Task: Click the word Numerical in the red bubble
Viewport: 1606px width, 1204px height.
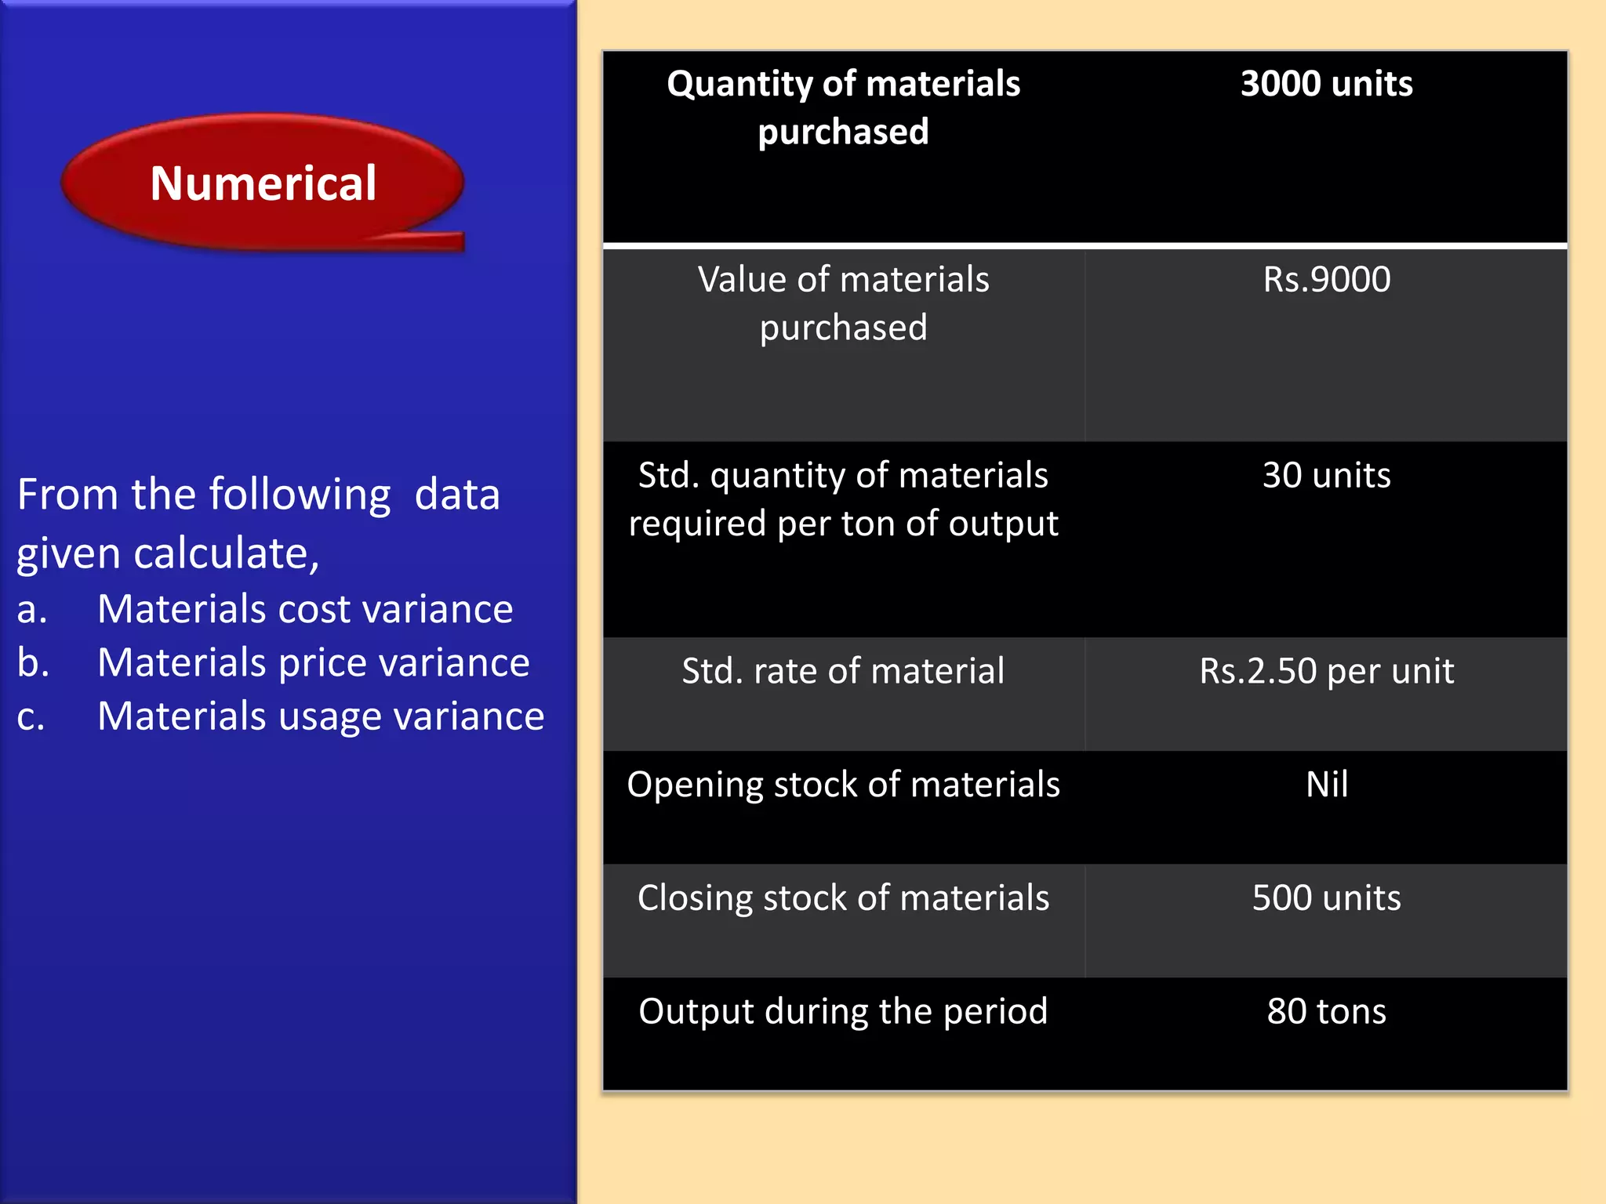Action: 263,183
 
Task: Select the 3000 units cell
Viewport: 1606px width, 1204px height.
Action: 1326,84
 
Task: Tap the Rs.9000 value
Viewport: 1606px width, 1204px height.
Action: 1326,280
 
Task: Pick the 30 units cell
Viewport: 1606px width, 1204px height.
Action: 1326,476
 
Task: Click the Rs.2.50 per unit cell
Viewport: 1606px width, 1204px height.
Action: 1326,672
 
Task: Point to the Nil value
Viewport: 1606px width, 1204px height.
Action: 1327,785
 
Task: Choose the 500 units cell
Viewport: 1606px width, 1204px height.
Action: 1326,898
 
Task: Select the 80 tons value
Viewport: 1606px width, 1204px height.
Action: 1326,1012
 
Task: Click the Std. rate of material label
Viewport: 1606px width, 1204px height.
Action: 843,672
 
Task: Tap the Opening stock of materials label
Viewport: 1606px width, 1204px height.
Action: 843,785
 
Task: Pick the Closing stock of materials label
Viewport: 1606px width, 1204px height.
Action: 843,898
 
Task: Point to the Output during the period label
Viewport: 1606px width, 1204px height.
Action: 843,1012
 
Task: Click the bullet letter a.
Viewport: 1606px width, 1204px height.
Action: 31,611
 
